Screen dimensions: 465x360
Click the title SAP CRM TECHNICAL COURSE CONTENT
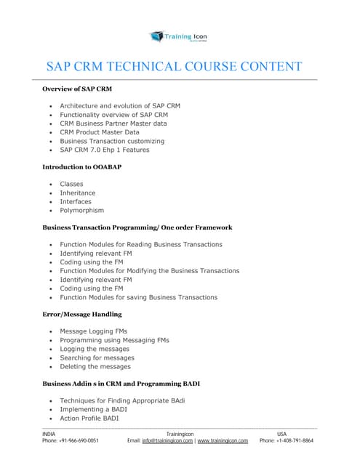(x=174, y=67)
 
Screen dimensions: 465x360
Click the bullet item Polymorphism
(x=81, y=211)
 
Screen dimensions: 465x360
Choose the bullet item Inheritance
(x=77, y=193)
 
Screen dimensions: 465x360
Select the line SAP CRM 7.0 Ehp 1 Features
(x=104, y=150)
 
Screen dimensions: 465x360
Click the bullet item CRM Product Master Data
(x=99, y=132)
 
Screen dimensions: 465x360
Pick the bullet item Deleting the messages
(x=95, y=366)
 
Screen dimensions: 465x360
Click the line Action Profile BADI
(x=90, y=418)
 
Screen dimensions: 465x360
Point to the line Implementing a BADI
(x=94, y=410)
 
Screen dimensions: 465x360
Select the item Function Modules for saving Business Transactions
(x=138, y=297)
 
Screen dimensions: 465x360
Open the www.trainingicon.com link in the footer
(x=223, y=440)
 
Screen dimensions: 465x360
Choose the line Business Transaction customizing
(x=112, y=141)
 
